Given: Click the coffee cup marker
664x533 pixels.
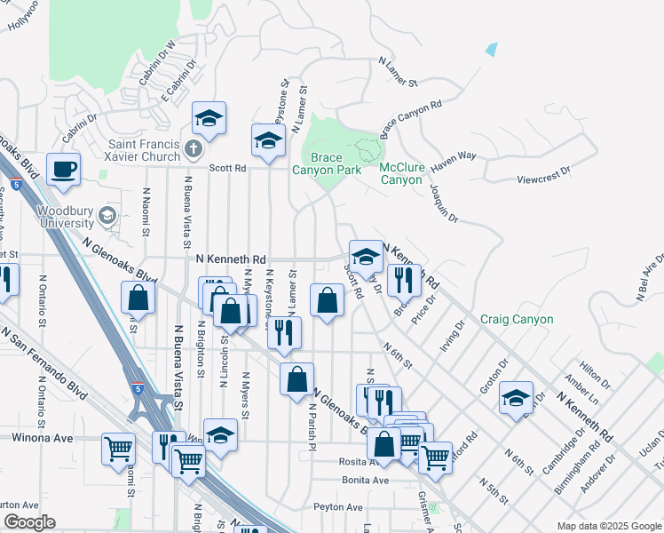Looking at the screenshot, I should (x=63, y=169).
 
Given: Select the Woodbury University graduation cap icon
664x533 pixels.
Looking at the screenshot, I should (x=107, y=215).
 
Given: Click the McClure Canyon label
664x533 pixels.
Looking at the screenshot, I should (x=400, y=173).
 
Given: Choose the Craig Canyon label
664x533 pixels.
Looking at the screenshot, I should (x=517, y=319).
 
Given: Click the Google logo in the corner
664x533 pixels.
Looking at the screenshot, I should (x=29, y=522).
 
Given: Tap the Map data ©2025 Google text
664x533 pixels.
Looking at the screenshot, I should (x=609, y=526).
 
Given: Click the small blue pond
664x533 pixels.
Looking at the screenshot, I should (x=492, y=50).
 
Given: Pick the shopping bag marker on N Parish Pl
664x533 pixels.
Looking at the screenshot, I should (x=296, y=379).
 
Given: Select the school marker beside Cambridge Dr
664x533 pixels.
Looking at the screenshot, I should (x=516, y=398).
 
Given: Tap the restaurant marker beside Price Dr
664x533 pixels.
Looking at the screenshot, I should (x=404, y=280).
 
